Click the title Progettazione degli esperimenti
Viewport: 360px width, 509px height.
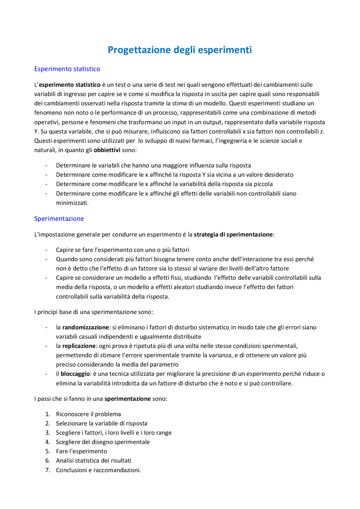click(180, 50)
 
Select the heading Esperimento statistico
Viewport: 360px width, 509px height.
click(67, 69)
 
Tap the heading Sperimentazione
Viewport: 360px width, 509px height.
click(59, 219)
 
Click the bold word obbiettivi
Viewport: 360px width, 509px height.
click(107, 150)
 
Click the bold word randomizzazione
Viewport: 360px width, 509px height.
click(85, 327)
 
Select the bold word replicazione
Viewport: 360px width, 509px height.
click(79, 346)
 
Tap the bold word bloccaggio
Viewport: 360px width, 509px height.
click(75, 374)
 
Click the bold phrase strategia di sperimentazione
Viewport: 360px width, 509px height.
click(233, 234)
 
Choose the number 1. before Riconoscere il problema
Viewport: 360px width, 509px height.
click(48, 414)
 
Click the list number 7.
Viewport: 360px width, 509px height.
click(48, 470)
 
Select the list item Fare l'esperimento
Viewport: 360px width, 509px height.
click(81, 451)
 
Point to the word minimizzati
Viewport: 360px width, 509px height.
click(72, 203)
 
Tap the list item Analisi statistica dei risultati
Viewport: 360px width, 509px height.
click(93, 461)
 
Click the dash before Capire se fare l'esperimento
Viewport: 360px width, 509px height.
click(46, 250)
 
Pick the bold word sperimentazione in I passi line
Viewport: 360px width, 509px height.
click(127, 399)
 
